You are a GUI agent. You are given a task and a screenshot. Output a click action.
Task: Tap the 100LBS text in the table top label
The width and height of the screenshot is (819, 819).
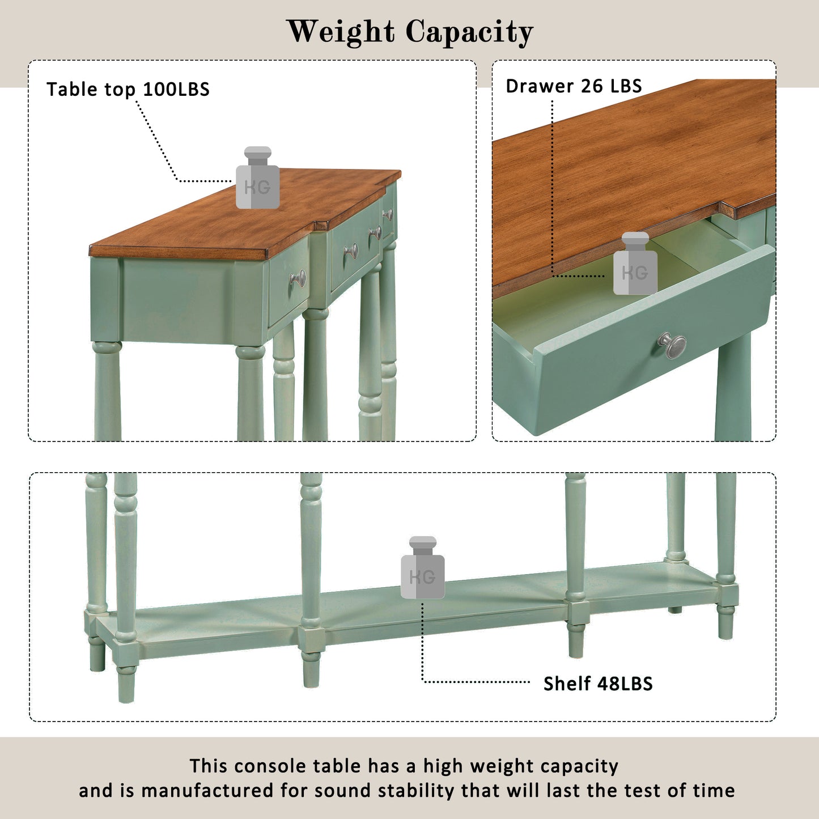pos(176,90)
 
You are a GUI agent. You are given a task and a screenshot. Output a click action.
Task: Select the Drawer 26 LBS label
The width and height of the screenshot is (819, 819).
pos(574,86)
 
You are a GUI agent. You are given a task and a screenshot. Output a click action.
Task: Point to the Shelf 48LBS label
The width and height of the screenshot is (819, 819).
pos(597,684)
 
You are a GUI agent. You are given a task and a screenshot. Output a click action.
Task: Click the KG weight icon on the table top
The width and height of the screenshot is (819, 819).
pos(257,177)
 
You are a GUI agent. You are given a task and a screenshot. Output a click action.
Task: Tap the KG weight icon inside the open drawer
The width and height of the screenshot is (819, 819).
pos(635,264)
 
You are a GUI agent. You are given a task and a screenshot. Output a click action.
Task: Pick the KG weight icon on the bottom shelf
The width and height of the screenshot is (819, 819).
pos(422,567)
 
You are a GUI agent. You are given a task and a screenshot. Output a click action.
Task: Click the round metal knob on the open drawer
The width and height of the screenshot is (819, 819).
pos(672,345)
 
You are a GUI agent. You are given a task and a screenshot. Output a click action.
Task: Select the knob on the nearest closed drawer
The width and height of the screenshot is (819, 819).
pos(298,278)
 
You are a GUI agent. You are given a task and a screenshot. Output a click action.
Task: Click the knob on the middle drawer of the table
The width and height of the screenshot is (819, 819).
pos(351,251)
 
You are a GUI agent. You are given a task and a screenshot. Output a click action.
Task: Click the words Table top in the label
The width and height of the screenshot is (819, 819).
pos(91,90)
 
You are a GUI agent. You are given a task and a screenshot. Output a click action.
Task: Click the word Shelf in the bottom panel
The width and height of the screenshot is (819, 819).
pos(567,684)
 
